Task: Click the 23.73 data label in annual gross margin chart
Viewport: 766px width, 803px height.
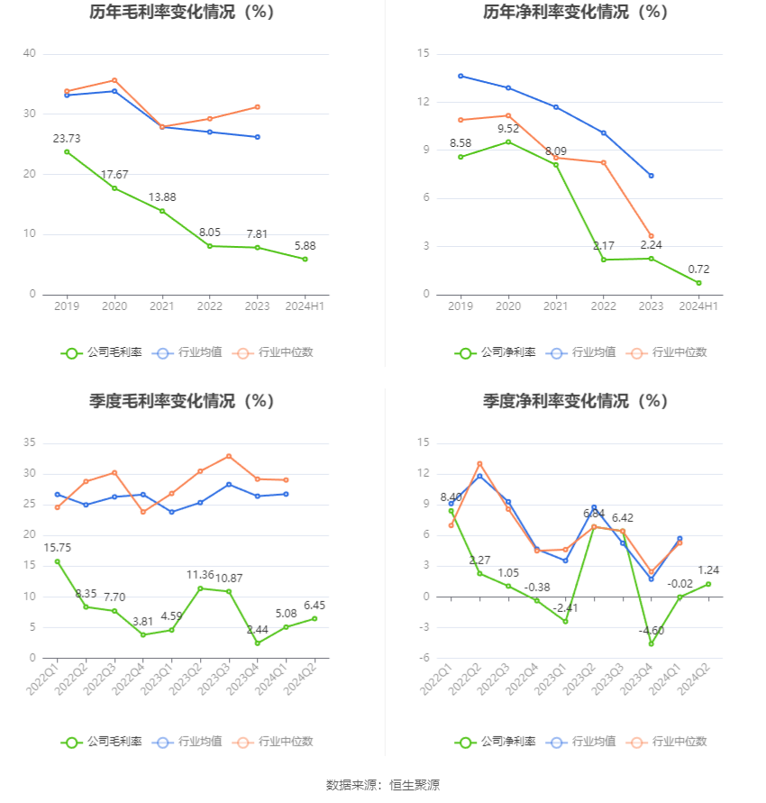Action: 67,138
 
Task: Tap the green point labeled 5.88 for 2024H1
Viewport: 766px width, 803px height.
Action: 305,260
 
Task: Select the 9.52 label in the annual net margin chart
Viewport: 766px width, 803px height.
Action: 508,128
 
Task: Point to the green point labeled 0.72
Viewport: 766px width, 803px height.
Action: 698,283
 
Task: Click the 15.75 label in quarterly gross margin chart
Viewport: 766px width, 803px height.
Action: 57,547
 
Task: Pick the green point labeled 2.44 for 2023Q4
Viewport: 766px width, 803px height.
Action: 258,643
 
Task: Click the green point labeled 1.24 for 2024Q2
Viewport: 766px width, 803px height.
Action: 707,584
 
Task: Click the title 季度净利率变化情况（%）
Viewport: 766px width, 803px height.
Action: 575,401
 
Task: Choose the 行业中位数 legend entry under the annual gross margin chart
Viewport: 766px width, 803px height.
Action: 274,353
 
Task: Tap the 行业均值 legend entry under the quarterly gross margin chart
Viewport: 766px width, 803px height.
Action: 196,742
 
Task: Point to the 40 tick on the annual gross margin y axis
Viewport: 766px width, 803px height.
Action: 30,54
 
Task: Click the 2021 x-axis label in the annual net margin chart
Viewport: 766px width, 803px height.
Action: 556,306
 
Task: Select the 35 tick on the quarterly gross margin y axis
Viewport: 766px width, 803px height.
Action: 30,443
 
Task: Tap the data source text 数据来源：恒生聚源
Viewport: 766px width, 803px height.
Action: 382,785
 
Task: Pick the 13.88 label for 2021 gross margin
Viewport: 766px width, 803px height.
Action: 162,197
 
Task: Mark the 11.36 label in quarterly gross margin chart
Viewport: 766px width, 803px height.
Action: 200,575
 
